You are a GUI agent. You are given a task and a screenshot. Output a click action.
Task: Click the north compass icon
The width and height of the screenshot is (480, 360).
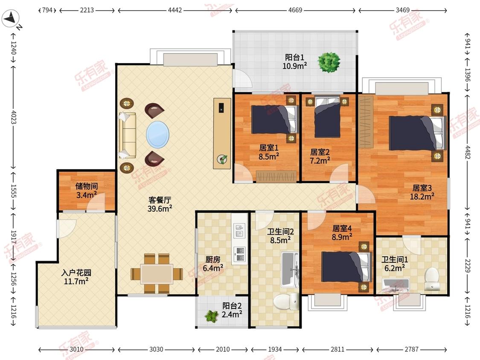(10, 19)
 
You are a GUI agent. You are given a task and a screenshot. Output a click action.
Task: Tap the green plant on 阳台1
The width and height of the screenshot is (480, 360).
(329, 62)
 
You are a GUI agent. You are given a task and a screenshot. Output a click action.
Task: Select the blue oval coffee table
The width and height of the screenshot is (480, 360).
(157, 134)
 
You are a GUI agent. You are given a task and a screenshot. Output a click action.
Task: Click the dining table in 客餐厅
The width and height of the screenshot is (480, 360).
(157, 274)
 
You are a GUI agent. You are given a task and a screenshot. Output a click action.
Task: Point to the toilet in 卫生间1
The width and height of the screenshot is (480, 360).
(432, 279)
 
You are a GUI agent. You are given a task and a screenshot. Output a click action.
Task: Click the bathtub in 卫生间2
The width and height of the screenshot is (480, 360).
(290, 270)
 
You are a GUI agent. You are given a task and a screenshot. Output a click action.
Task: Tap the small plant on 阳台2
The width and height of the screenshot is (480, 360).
(211, 316)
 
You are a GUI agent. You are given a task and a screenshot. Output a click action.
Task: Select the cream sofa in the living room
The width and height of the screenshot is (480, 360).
(127, 135)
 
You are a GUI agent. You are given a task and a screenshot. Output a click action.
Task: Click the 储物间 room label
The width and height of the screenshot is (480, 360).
(87, 186)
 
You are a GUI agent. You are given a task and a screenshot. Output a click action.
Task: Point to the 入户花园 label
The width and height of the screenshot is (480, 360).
(76, 273)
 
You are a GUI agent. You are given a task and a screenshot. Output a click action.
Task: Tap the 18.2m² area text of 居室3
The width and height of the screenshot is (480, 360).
(422, 197)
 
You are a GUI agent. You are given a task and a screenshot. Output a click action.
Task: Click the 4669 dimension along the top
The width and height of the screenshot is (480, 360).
(295, 10)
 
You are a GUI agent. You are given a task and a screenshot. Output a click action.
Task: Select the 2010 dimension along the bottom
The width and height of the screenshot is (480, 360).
(223, 349)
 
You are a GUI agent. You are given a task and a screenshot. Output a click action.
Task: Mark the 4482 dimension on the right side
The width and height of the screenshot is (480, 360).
(468, 152)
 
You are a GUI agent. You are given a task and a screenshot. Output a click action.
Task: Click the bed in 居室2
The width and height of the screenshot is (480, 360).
(327, 117)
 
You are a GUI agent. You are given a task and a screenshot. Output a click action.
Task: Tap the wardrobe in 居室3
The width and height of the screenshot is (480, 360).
(366, 122)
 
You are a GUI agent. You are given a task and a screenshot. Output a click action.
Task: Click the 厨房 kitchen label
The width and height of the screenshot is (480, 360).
(213, 259)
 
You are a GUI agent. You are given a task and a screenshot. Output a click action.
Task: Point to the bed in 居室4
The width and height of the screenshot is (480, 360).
(346, 267)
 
